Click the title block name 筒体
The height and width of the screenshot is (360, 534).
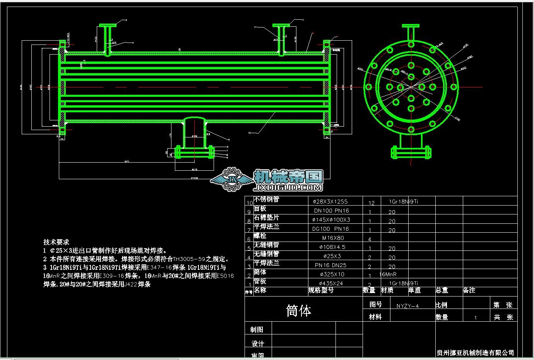[x=298, y=310]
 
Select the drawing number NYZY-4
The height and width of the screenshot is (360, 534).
[x=407, y=306]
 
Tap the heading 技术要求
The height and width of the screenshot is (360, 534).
[x=56, y=242]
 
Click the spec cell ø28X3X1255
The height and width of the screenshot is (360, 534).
[x=330, y=201]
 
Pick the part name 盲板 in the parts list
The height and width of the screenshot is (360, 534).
[x=260, y=209]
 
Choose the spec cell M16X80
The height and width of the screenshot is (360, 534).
[x=332, y=238]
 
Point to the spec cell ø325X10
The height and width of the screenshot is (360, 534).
[x=332, y=274]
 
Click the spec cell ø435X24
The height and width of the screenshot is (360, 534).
[x=332, y=283]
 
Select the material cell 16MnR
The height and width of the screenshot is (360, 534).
[x=388, y=274]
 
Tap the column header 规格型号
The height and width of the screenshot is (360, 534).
[x=321, y=290]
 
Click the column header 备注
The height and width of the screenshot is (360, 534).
[x=469, y=290]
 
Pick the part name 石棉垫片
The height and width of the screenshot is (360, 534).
[x=266, y=218]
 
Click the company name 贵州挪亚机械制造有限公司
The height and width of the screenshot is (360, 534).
[x=475, y=352]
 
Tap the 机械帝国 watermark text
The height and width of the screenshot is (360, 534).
[x=288, y=177]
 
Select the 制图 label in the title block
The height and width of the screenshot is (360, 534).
[x=257, y=329]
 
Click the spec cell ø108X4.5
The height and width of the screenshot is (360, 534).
[x=332, y=247]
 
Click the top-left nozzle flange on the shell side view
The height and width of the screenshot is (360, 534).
[x=108, y=26]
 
